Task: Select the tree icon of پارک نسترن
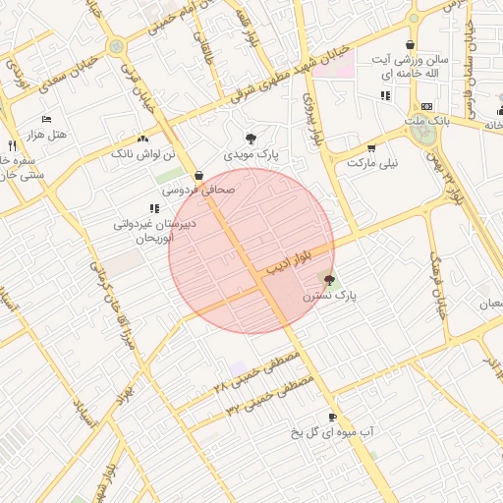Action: [x=329, y=280]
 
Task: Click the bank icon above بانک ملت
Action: [x=425, y=106]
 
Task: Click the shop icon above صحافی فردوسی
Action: [x=199, y=176]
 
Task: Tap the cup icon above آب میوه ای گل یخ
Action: [x=332, y=417]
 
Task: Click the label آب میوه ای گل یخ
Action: [x=333, y=432]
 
